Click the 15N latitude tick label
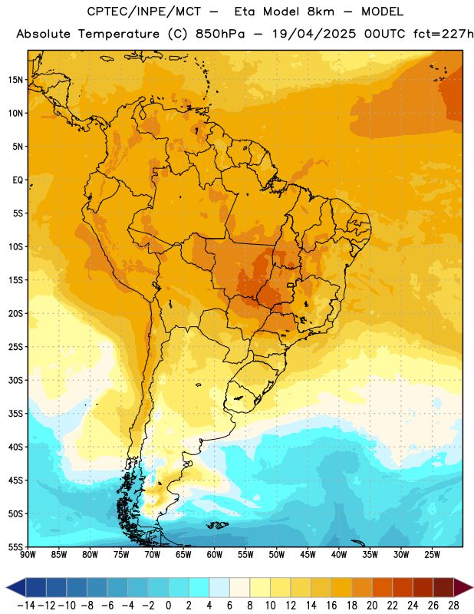pos(15,80)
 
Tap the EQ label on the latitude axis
pos(18,180)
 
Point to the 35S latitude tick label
pos(15,414)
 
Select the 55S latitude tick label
pos(15,547)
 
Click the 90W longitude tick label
pos(28,555)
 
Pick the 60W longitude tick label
pos(215,555)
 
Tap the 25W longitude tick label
pos(432,555)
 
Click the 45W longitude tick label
pos(308,555)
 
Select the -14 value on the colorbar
pos(26,606)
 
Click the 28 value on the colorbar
pos(453,606)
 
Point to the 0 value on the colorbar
pos(168,606)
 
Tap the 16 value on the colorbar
pos(331,606)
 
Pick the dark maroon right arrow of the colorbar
pos(462,587)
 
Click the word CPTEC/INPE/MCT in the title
pos(143,12)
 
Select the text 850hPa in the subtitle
pos(219,34)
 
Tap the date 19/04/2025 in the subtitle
pos(314,34)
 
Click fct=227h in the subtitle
pos(443,34)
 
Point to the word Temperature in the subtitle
pos(119,34)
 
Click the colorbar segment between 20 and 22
pos(383,587)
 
